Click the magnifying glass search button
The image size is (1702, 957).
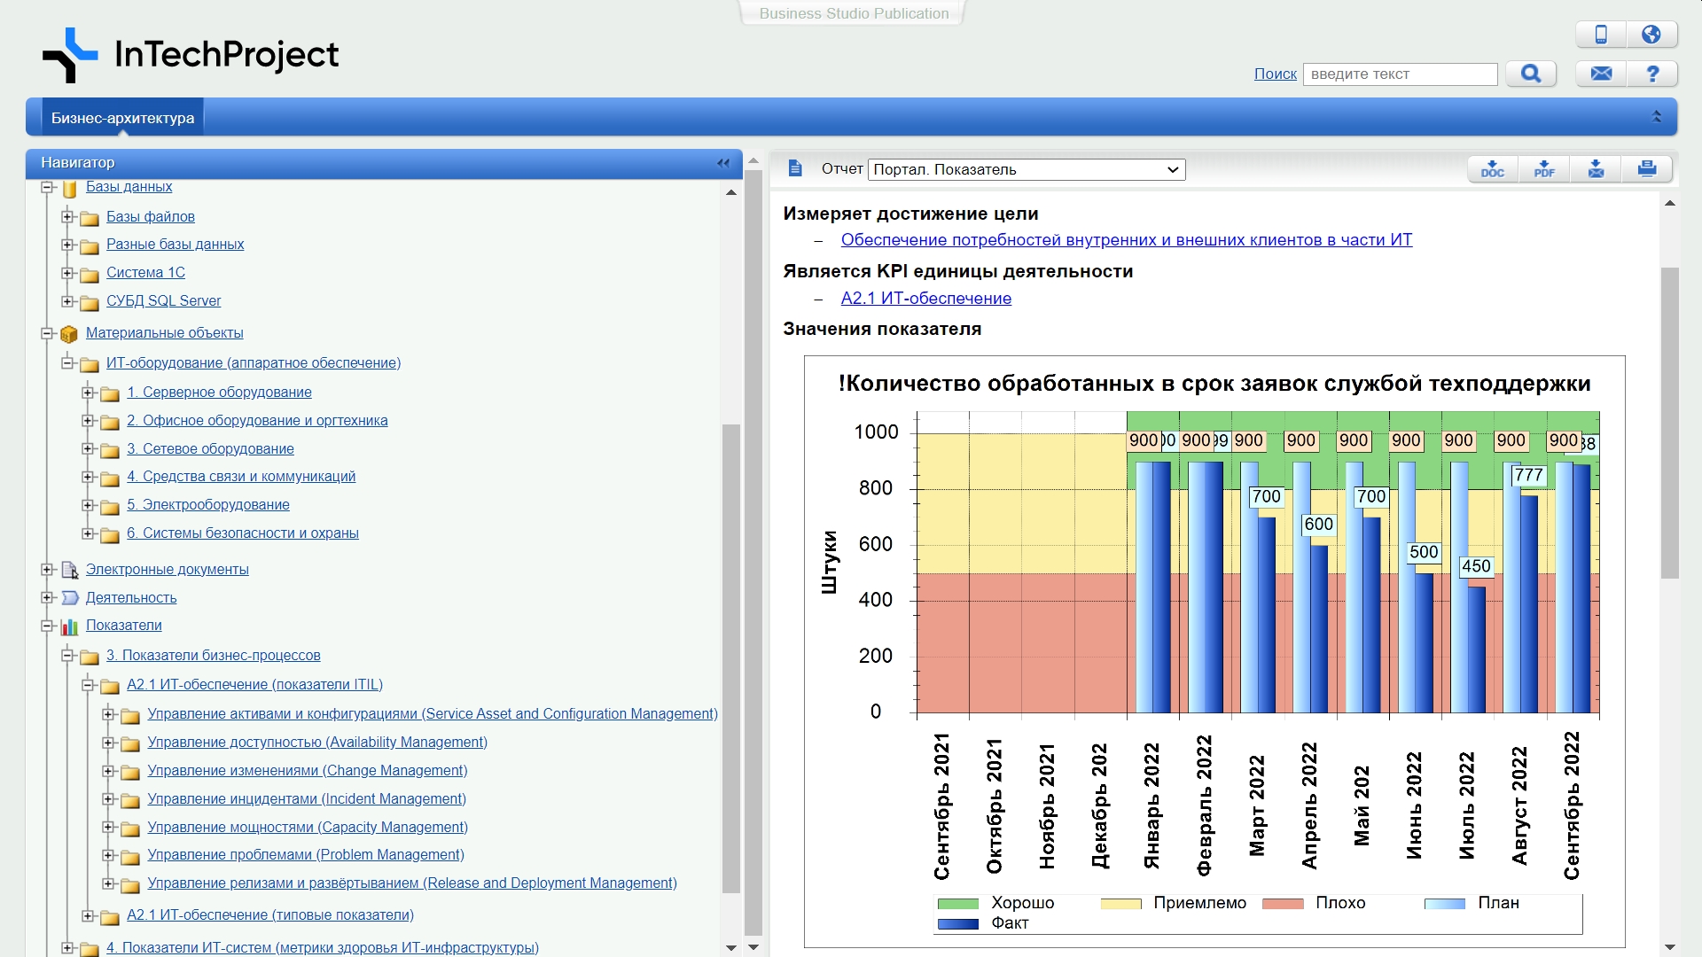click(1531, 74)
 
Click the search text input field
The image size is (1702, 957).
click(1400, 74)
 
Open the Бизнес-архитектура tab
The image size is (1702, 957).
click(122, 118)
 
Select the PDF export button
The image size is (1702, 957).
click(1544, 169)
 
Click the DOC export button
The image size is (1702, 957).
click(1493, 169)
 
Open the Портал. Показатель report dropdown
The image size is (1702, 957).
click(1027, 169)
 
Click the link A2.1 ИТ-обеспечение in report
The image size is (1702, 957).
click(925, 299)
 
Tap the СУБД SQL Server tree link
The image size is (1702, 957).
click(163, 301)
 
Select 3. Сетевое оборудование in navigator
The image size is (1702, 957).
click(210, 449)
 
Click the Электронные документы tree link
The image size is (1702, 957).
click(167, 570)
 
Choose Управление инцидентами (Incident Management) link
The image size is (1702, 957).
click(306, 799)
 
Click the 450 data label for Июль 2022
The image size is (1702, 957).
click(1476, 567)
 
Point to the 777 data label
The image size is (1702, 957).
click(1529, 476)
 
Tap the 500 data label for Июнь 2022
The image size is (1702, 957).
click(1424, 553)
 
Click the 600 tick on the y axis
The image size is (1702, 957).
click(875, 545)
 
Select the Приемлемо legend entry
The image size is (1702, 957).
click(1199, 903)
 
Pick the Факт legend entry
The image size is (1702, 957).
click(1010, 923)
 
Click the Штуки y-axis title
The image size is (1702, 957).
click(830, 562)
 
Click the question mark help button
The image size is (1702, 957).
click(1652, 74)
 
